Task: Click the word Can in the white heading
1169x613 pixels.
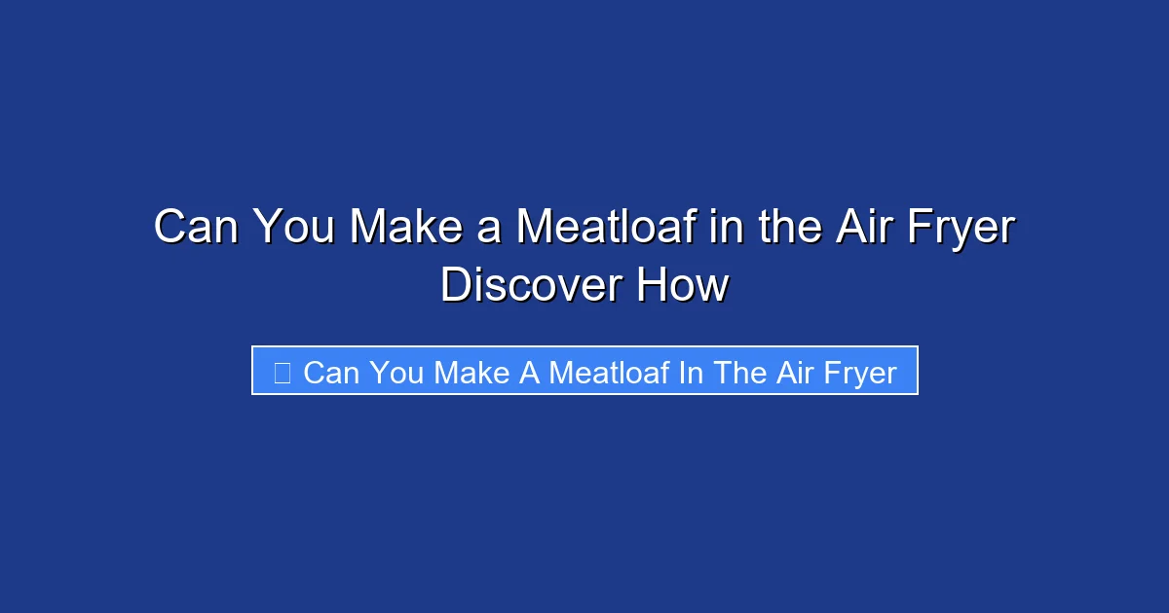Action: pos(198,229)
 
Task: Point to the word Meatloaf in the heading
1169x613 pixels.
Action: pos(605,229)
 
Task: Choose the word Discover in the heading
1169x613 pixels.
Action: pos(531,286)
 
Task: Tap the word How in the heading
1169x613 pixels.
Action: pos(683,286)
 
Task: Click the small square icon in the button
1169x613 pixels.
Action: pos(282,372)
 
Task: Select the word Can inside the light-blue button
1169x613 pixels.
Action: pos(331,372)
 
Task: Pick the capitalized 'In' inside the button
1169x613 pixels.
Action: pos(691,372)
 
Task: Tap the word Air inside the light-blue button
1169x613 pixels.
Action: pos(796,372)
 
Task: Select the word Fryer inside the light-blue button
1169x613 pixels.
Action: pos(861,373)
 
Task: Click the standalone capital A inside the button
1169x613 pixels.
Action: pos(529,372)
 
